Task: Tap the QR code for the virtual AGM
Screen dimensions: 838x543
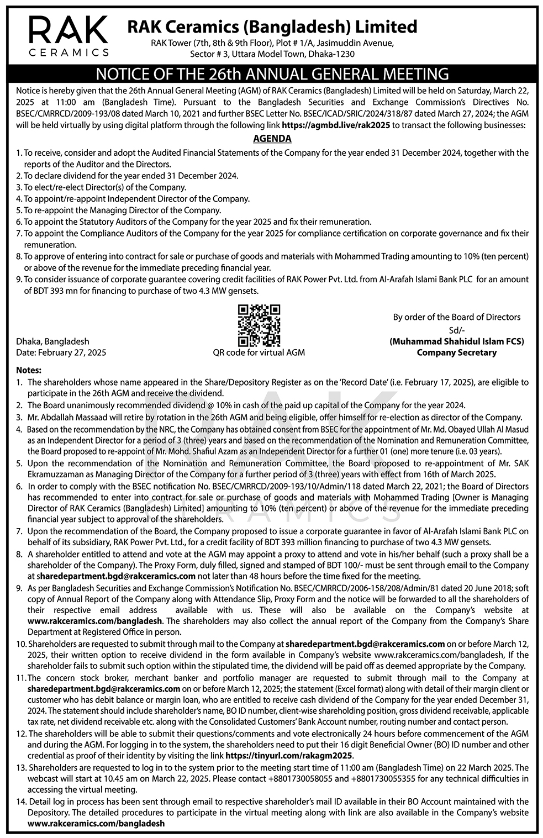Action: click(259, 325)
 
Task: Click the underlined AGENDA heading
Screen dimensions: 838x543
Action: click(272, 139)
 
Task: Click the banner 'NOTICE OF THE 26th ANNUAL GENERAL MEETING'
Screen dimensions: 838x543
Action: click(272, 74)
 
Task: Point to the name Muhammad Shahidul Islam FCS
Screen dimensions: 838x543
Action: click(456, 341)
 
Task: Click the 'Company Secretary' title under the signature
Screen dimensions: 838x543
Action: click(456, 352)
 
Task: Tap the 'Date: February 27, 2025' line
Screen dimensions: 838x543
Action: click(61, 352)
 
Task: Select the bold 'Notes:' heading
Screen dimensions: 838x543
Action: click(29, 370)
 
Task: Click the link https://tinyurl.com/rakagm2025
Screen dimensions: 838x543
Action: click(289, 755)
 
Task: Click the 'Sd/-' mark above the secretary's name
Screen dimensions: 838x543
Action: click(456, 330)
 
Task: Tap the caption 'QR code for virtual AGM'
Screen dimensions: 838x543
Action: click(259, 352)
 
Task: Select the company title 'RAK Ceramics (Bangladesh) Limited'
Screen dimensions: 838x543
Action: click(272, 27)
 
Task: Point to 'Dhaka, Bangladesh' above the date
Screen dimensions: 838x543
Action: click(53, 341)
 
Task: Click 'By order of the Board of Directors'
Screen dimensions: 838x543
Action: click(456, 317)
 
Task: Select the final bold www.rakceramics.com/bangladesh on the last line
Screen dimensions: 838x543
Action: click(96, 823)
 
